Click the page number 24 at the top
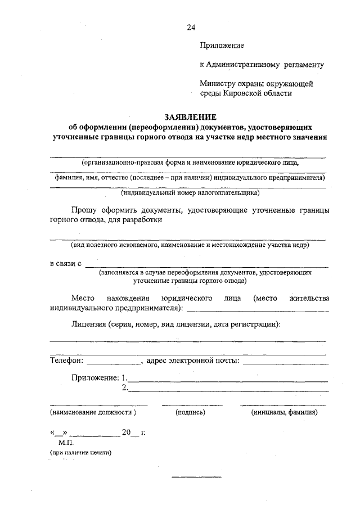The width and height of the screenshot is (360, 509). click(x=191, y=27)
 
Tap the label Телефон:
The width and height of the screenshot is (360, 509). click(x=66, y=360)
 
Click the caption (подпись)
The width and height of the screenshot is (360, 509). click(x=190, y=412)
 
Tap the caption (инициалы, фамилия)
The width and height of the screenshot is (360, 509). click(x=284, y=412)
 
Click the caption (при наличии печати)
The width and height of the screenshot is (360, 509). click(x=80, y=452)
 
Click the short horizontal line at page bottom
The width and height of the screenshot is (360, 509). click(x=196, y=477)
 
